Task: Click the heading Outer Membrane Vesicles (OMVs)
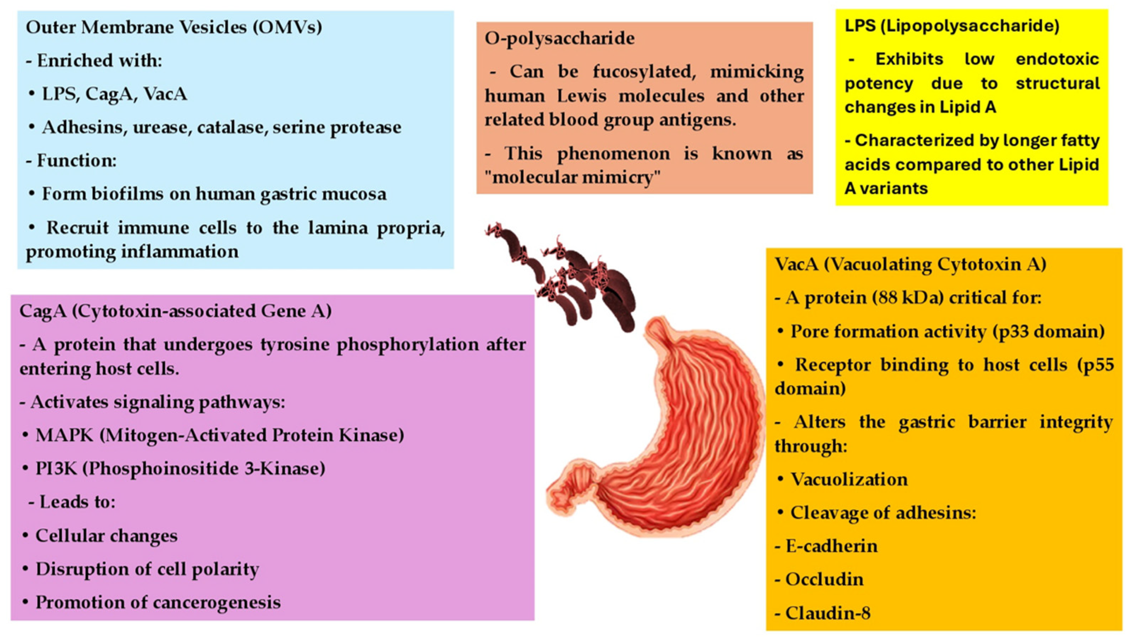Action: pos(174,28)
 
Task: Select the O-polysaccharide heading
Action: pos(560,39)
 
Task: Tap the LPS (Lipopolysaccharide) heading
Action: pos(952,26)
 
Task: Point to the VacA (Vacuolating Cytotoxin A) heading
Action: pos(910,265)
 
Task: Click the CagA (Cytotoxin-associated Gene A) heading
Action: pos(176,311)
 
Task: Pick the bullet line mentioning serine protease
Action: pos(215,128)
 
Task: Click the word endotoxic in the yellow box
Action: pos(1058,59)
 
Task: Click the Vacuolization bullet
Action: pos(842,479)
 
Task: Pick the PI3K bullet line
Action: pos(174,469)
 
